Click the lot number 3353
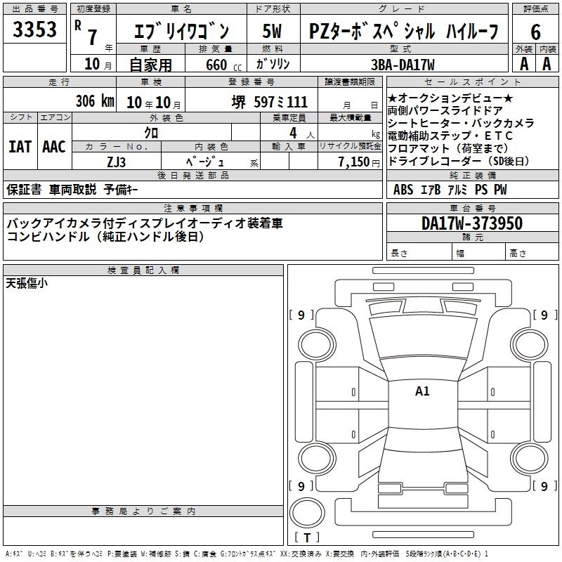(x=34, y=29)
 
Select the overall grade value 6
(x=535, y=32)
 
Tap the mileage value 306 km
(x=95, y=100)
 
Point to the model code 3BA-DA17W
(x=403, y=65)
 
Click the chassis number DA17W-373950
(x=472, y=223)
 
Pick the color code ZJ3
(x=116, y=162)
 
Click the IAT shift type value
(x=20, y=147)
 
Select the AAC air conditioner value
(x=54, y=147)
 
